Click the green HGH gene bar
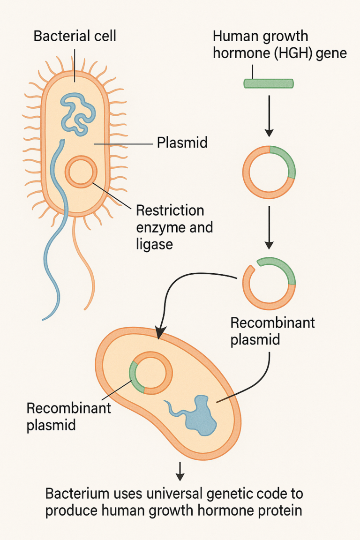(269, 83)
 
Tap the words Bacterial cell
(75, 36)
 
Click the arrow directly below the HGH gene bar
(269, 115)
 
